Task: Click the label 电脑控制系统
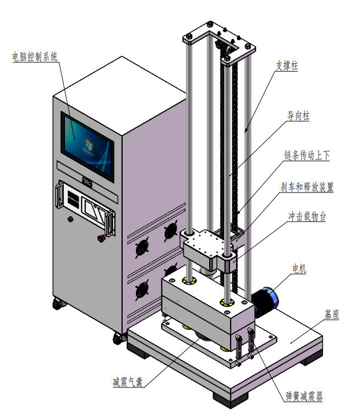[35, 57]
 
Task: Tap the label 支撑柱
[287, 65]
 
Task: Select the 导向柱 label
[298, 116]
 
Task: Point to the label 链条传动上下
[307, 155]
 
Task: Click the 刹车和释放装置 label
[307, 187]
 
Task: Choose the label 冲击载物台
[307, 216]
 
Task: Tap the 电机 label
[299, 269]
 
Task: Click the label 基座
[332, 314]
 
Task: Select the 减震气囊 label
[128, 382]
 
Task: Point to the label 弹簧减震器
[304, 396]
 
